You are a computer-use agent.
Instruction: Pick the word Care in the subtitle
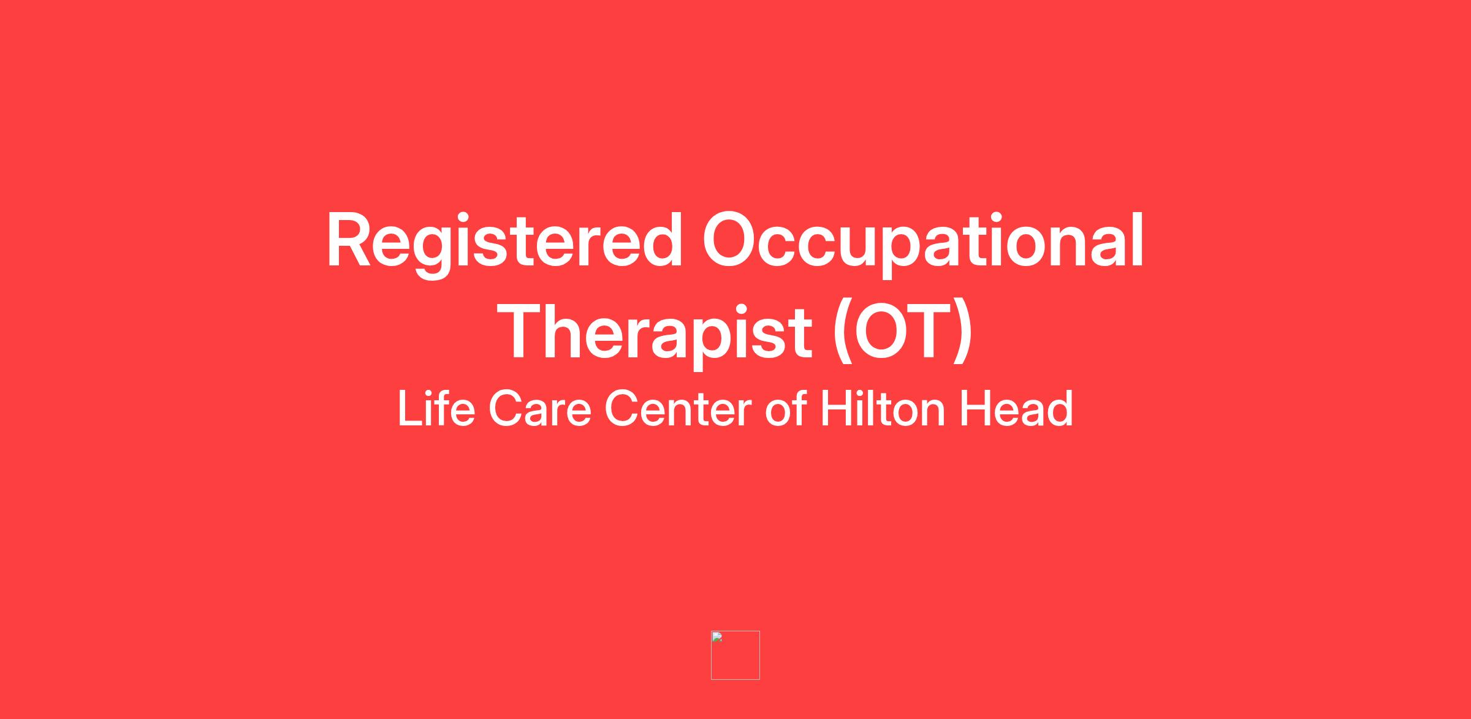click(x=539, y=409)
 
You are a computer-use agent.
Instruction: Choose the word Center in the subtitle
click(x=678, y=409)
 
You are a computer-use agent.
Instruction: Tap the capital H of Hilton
click(x=835, y=408)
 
